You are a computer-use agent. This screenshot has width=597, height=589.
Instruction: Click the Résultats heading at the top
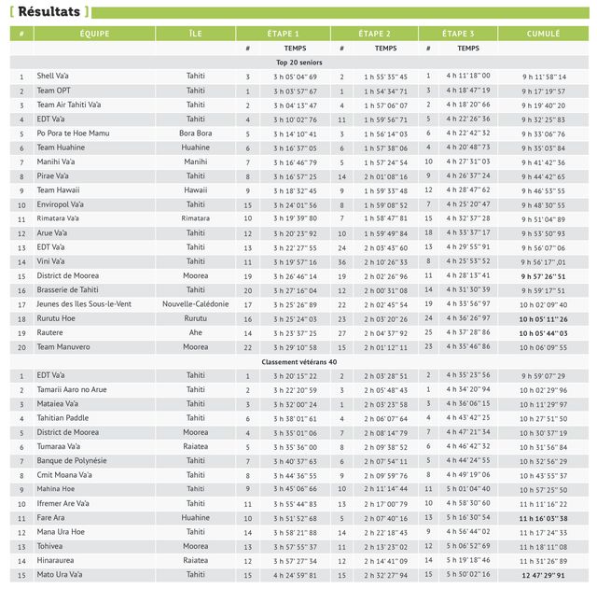click(x=49, y=11)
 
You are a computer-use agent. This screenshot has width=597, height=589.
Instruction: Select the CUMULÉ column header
click(x=544, y=34)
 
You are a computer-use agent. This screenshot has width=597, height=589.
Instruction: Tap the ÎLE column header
click(x=195, y=34)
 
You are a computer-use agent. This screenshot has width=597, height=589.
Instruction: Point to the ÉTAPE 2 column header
click(x=374, y=34)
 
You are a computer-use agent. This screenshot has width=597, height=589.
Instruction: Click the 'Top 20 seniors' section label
click(x=299, y=62)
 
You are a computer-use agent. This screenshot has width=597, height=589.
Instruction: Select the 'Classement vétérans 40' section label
click(x=299, y=361)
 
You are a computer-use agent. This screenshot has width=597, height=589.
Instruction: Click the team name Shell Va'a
click(x=52, y=77)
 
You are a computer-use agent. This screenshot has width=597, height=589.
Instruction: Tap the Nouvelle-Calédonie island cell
click(x=195, y=304)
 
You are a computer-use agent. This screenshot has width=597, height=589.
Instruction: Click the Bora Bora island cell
click(x=195, y=133)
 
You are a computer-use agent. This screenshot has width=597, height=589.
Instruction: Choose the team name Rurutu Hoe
click(x=56, y=318)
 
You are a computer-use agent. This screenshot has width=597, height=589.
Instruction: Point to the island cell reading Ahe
click(x=195, y=332)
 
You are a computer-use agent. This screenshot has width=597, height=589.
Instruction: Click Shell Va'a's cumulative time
click(x=544, y=77)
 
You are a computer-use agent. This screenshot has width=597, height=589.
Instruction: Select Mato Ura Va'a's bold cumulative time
click(x=544, y=575)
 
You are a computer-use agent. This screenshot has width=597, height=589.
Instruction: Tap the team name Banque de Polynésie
click(x=72, y=461)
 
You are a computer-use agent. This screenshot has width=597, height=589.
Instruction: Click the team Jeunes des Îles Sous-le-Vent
click(x=84, y=304)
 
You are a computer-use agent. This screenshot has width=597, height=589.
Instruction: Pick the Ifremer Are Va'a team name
click(x=63, y=504)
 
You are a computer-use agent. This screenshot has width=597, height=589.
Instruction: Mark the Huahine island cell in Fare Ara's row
click(x=195, y=518)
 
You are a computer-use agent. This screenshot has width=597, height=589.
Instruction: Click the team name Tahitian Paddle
click(x=62, y=418)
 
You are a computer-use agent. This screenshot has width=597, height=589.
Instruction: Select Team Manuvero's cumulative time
click(x=544, y=347)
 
